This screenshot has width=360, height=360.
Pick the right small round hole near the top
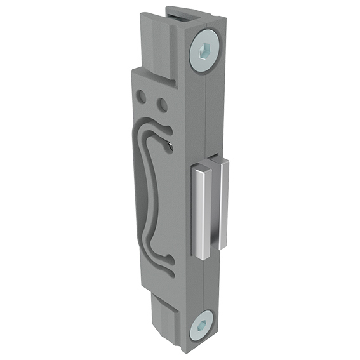[x=162, y=103]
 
